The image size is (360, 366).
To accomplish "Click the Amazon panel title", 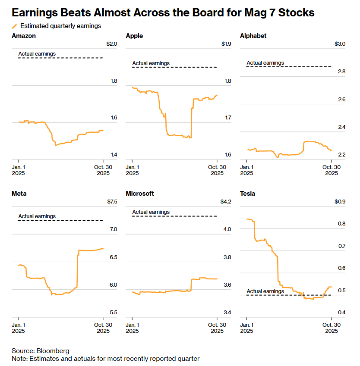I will point(24,36).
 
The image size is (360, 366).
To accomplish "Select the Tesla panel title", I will point(247,194).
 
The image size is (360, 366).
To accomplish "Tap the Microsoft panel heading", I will point(140,194).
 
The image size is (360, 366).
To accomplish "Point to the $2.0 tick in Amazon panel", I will point(111,44).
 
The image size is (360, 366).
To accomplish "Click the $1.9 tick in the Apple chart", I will point(226,44).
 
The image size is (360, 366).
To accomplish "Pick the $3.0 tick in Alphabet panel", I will point(340,44).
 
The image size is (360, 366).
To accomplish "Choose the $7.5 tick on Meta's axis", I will point(111,202).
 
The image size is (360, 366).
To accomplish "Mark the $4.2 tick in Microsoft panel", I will point(226,202).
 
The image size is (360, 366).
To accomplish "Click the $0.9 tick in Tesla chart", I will point(340,202).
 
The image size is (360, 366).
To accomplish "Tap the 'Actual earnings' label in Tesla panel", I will point(265,291).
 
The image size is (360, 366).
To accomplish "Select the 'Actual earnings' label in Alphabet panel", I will point(265,63).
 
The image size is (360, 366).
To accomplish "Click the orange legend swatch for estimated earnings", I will point(15,26).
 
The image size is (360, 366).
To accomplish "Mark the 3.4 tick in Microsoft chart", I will point(227,313).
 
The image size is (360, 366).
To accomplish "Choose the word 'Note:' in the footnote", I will point(20,359).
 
